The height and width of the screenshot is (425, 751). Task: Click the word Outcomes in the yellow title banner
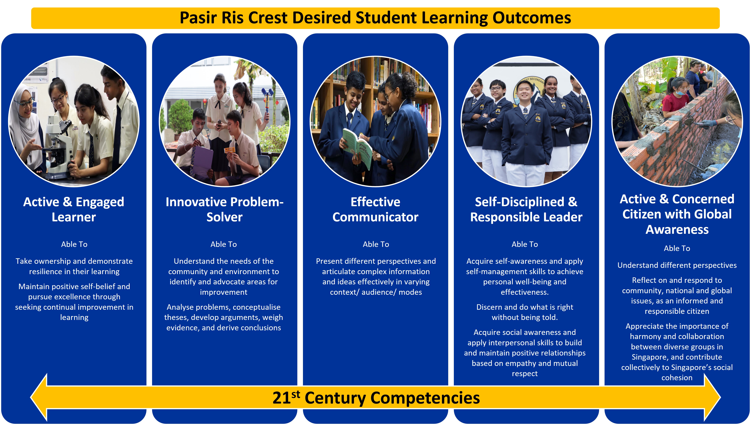(532, 18)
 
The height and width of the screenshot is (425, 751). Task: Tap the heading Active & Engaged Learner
(74, 209)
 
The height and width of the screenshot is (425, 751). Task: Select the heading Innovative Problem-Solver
(224, 209)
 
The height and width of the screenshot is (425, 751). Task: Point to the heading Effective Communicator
(375, 209)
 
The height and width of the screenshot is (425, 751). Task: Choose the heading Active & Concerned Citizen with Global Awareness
(677, 214)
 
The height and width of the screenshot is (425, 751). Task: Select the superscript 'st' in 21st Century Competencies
(296, 394)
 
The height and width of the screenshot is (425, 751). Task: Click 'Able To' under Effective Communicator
(376, 244)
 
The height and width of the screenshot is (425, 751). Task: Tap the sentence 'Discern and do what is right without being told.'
(525, 312)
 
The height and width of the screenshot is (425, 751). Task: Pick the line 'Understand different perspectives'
(677, 265)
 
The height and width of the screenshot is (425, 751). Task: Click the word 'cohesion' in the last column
(677, 378)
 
